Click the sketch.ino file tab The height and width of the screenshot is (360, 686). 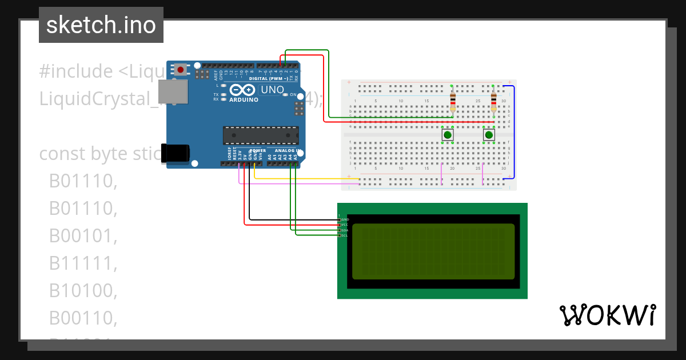pyautogui.click(x=101, y=25)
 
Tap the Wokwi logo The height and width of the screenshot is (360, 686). pyautogui.click(x=607, y=315)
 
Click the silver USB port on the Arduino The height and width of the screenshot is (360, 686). pyautogui.click(x=173, y=91)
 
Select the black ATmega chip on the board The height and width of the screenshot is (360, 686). pyautogui.click(x=260, y=135)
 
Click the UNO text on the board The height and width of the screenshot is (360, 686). pyautogui.click(x=273, y=90)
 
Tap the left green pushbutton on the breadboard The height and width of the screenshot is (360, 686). pyautogui.click(x=448, y=135)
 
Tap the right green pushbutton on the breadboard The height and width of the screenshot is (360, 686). pyautogui.click(x=489, y=135)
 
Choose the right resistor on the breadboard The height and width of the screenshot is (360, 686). pyautogui.click(x=494, y=101)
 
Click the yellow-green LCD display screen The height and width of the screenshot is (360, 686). pyautogui.click(x=433, y=251)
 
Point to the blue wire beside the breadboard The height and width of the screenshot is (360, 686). pyautogui.click(x=513, y=131)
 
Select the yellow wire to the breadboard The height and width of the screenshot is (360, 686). pyautogui.click(x=303, y=178)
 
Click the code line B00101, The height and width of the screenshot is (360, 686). pyautogui.click(x=83, y=236)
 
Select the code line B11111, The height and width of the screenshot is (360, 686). pyautogui.click(x=83, y=263)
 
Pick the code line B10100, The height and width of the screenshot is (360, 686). pyautogui.click(x=83, y=291)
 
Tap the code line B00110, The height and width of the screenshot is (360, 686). pyautogui.click(x=83, y=318)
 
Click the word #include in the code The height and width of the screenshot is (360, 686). pyautogui.click(x=76, y=71)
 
